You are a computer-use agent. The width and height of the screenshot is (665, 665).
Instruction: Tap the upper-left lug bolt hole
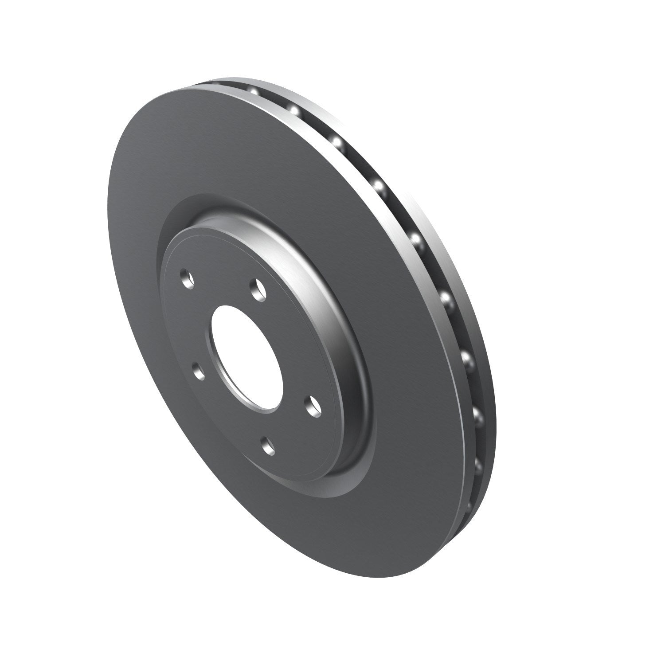(187, 280)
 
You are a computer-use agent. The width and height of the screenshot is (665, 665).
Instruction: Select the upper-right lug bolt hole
(257, 289)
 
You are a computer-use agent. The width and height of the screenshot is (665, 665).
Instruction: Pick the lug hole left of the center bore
(199, 371)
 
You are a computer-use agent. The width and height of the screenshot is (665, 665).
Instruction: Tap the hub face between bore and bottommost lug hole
(266, 421)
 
